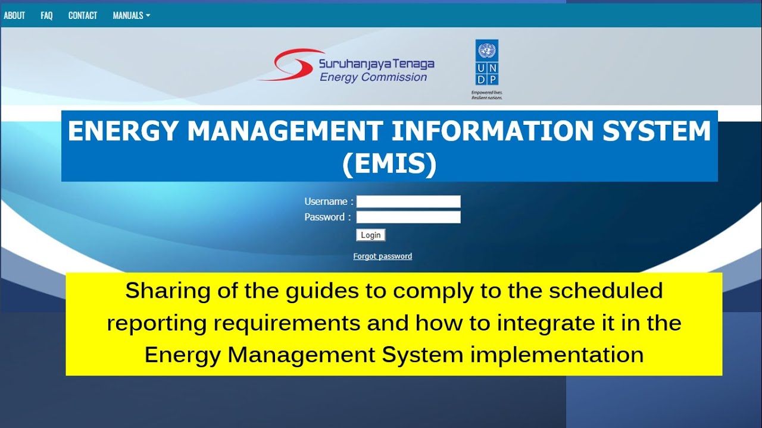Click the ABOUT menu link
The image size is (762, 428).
tap(14, 15)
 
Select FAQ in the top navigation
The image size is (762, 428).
tap(46, 15)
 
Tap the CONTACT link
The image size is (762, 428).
tap(83, 15)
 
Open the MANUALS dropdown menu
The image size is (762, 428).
tap(131, 15)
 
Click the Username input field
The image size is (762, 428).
tap(408, 202)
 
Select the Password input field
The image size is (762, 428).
tap(408, 217)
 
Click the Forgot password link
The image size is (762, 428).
tap(382, 256)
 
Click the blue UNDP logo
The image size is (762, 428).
tap(486, 62)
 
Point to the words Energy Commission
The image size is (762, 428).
tap(373, 77)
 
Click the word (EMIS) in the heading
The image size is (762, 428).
tap(389, 165)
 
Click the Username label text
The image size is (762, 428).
tap(326, 202)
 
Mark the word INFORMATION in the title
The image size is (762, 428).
tap(494, 131)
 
